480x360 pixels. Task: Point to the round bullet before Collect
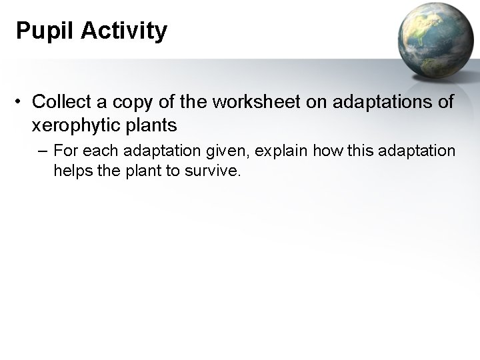[21, 102]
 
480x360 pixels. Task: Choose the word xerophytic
[79, 125]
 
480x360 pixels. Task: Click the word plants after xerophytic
[154, 125]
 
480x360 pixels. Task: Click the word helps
[72, 172]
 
